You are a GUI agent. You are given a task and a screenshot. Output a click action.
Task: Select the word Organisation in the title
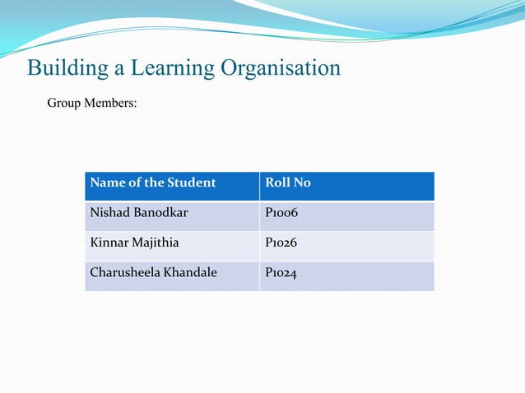point(280,68)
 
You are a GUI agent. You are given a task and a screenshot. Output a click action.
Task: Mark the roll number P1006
point(281,213)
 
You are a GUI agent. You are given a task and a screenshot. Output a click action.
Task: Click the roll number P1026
point(281,243)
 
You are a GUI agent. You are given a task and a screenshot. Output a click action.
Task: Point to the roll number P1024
point(281,272)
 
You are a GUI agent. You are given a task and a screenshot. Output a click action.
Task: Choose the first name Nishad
point(108,213)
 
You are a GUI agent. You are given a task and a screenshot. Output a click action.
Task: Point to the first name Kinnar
point(108,243)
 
